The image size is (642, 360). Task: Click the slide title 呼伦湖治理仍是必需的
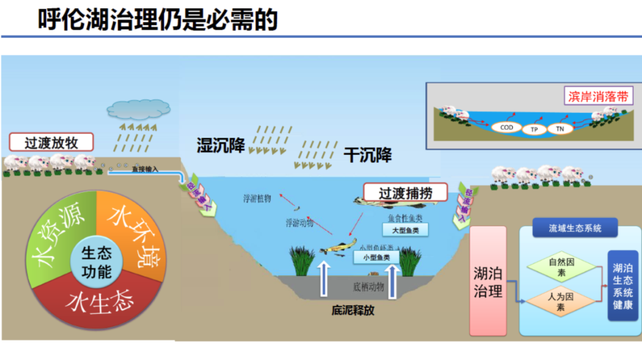coord(158,20)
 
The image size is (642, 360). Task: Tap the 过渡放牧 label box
coord(52,143)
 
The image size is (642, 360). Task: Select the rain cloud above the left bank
coord(138,109)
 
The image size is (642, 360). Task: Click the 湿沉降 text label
coord(221,145)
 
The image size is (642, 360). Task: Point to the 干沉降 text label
coord(367,155)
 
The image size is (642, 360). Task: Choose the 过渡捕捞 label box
coord(405,192)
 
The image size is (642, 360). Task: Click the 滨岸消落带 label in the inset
coord(598,96)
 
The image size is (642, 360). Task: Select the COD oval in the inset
coord(506,127)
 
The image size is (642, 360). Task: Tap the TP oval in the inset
coord(534,128)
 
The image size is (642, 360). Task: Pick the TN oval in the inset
coord(559,128)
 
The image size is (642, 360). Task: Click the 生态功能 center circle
coord(96,263)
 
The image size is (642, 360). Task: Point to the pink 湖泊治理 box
coord(488,282)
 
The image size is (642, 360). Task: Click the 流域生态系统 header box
coord(574,228)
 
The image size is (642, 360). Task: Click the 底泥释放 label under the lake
coord(353,310)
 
